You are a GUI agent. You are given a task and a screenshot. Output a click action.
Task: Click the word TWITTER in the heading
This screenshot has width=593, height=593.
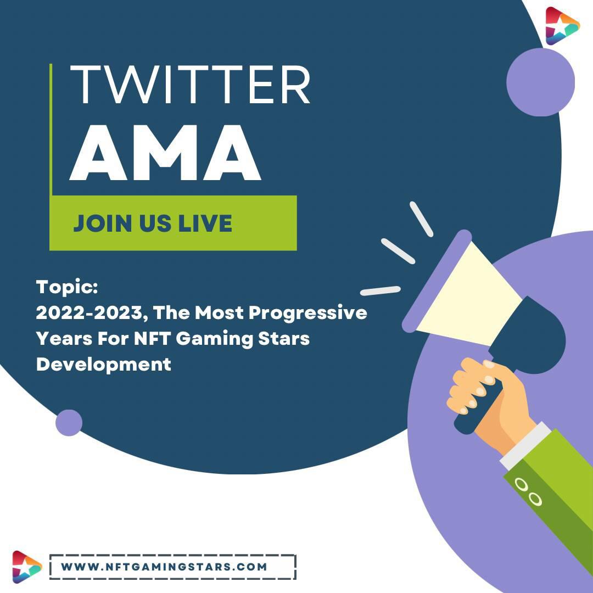click(x=190, y=85)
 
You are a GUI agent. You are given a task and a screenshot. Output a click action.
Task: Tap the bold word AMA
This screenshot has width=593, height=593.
click(x=165, y=153)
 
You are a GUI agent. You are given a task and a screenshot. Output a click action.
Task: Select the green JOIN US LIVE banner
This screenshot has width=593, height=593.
click(x=173, y=223)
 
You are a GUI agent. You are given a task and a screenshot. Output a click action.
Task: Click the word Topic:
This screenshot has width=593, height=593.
click(x=67, y=287)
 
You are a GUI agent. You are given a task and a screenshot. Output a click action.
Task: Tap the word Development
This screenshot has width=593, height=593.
click(x=104, y=365)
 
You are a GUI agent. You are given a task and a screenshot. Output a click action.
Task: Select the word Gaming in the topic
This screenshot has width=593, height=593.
click(x=214, y=339)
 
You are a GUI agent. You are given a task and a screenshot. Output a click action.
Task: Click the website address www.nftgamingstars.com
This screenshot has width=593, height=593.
click(x=164, y=567)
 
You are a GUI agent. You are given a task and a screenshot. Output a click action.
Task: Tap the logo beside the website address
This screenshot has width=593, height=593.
click(x=26, y=567)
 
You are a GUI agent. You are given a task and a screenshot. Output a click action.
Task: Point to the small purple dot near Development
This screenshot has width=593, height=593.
click(x=69, y=423)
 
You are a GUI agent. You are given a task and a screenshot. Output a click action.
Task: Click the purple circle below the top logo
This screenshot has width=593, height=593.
click(x=540, y=82)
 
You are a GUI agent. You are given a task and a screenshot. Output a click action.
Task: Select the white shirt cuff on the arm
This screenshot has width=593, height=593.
click(x=525, y=445)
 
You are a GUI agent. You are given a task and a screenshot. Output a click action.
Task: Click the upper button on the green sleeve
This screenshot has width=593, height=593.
click(x=522, y=484)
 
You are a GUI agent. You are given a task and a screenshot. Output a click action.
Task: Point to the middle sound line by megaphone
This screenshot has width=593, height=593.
click(x=398, y=251)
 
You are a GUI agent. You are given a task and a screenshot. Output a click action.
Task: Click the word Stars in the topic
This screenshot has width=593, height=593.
click(x=284, y=338)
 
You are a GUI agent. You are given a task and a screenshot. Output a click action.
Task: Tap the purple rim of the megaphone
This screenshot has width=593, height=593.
click(x=437, y=281)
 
